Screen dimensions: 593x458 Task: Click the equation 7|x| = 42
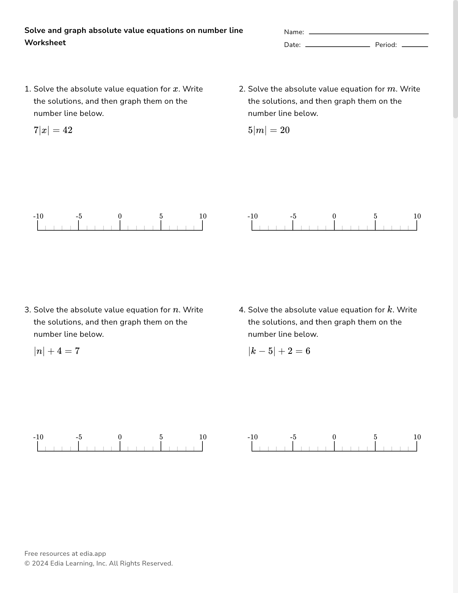click(53, 130)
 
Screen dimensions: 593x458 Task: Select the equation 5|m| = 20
click(269, 130)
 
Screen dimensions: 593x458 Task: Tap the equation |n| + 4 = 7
click(57, 351)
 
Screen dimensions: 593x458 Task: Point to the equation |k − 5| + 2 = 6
click(279, 351)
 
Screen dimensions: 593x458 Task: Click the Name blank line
click(369, 33)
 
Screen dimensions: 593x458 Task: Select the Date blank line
click(337, 46)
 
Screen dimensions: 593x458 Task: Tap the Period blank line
click(415, 46)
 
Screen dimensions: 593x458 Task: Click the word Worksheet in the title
click(45, 43)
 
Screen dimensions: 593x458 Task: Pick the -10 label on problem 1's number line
click(38, 216)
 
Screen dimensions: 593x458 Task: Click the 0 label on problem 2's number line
click(334, 216)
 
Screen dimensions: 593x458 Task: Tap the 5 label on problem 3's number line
click(161, 437)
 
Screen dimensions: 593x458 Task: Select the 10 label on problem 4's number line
click(417, 437)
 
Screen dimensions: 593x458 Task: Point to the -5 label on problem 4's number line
click(293, 437)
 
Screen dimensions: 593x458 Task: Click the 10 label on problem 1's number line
click(203, 216)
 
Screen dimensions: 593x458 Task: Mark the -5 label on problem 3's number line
click(79, 437)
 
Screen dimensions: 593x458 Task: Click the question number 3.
click(27, 310)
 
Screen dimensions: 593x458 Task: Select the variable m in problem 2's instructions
click(391, 89)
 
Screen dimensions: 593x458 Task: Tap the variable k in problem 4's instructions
click(390, 310)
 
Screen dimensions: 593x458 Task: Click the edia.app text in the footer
click(93, 554)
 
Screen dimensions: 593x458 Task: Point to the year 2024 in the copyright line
click(40, 563)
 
